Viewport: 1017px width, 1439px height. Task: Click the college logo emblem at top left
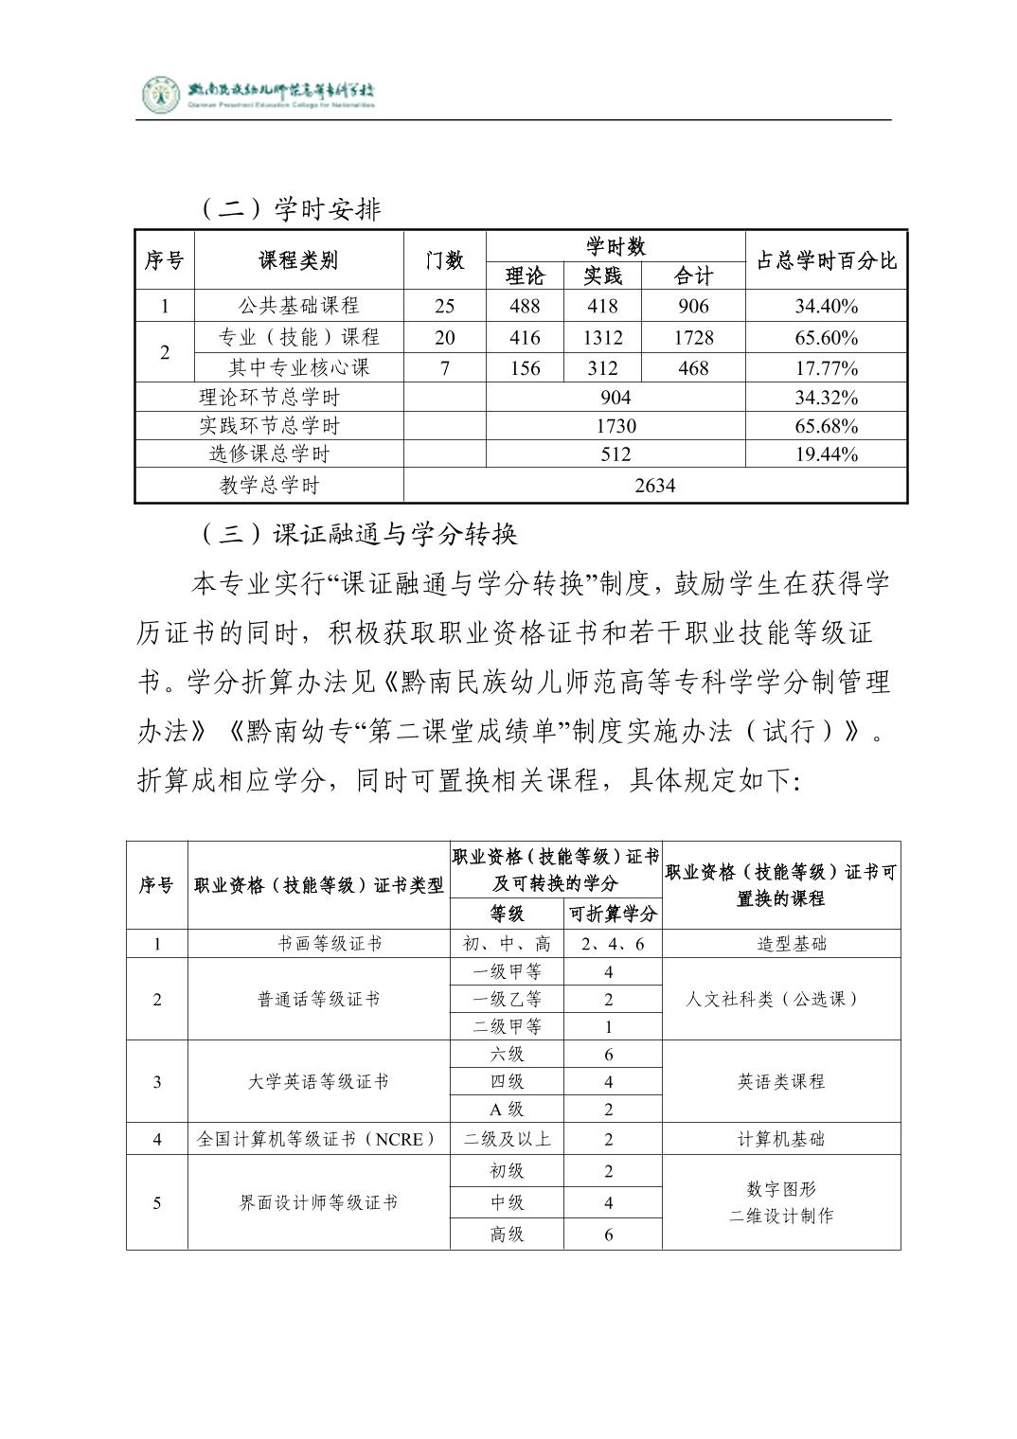(x=160, y=94)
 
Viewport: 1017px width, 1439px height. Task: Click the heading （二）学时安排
(x=291, y=208)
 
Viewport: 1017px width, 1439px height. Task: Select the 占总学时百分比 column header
(x=826, y=260)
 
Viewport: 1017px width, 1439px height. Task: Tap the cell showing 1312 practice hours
(x=602, y=337)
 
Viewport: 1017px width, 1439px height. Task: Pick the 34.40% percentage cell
(x=826, y=306)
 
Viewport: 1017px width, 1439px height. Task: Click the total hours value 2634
(x=654, y=486)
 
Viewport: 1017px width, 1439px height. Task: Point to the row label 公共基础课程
(x=298, y=306)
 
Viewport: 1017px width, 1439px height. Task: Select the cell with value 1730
(x=616, y=426)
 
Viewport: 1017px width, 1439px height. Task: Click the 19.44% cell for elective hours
(x=826, y=454)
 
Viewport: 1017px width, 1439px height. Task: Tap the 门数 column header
(x=444, y=260)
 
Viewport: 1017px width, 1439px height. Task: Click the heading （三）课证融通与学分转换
(x=360, y=535)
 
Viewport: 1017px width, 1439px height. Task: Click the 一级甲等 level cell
(x=507, y=971)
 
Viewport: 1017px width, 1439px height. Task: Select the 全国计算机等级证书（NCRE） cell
(x=318, y=1139)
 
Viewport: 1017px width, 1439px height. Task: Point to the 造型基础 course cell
(x=781, y=944)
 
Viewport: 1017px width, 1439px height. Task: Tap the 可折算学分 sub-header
(x=613, y=915)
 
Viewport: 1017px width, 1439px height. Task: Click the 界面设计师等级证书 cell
(x=318, y=1202)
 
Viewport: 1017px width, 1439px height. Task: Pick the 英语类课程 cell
(x=781, y=1081)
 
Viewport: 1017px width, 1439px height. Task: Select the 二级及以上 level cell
(x=507, y=1139)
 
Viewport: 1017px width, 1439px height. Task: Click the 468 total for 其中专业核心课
(x=693, y=368)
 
